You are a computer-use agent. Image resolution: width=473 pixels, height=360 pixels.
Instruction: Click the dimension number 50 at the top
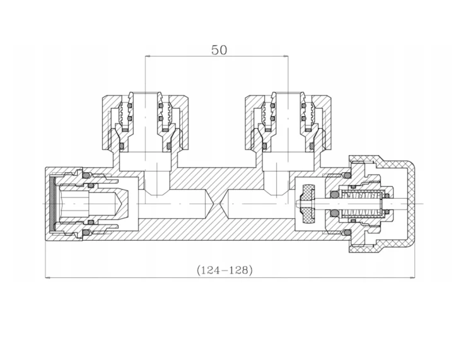click(219, 50)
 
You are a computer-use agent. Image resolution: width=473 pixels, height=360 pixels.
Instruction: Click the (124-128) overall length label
click(225, 270)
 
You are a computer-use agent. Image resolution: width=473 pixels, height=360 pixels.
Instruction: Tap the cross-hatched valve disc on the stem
click(308, 204)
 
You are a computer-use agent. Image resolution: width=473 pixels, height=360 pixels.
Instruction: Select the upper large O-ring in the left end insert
click(87, 175)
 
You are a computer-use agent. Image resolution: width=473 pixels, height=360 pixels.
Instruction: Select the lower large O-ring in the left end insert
click(87, 233)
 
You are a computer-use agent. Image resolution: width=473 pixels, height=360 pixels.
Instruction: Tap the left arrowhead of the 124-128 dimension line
click(47, 277)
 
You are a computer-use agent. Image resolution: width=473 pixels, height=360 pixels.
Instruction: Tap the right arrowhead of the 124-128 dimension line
click(412, 277)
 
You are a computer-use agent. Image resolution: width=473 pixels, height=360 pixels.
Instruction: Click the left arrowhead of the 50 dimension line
click(148, 56)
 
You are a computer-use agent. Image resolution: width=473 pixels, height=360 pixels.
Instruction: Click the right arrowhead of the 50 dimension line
click(286, 56)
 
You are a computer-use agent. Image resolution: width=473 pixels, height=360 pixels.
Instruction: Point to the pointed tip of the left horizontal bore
click(213, 204)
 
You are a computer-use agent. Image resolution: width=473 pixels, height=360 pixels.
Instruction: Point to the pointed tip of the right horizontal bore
click(221, 204)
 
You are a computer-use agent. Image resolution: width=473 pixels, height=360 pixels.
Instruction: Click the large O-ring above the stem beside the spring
click(334, 195)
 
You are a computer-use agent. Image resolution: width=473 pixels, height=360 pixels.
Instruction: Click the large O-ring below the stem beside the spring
click(334, 213)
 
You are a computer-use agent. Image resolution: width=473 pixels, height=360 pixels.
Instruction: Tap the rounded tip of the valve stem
click(298, 204)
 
